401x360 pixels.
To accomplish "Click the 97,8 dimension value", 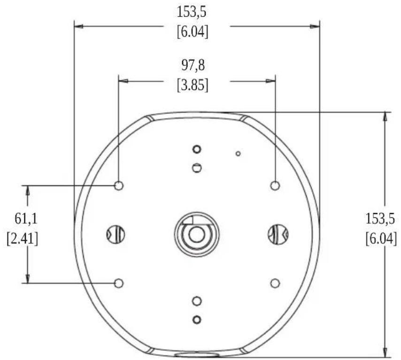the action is pos(193,65).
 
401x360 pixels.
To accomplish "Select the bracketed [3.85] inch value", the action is pos(193,85).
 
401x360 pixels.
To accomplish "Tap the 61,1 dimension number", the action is pos(26,219).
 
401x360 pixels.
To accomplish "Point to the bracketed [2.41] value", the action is pos(23,239).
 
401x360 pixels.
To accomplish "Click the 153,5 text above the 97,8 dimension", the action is pos(192,12).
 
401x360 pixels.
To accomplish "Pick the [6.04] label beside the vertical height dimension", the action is pos(381,239).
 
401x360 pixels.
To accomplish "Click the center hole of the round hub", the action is pos(196,235).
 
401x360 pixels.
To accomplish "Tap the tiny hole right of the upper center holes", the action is pos(238,153).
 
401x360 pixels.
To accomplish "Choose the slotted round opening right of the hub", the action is pos(278,235).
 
